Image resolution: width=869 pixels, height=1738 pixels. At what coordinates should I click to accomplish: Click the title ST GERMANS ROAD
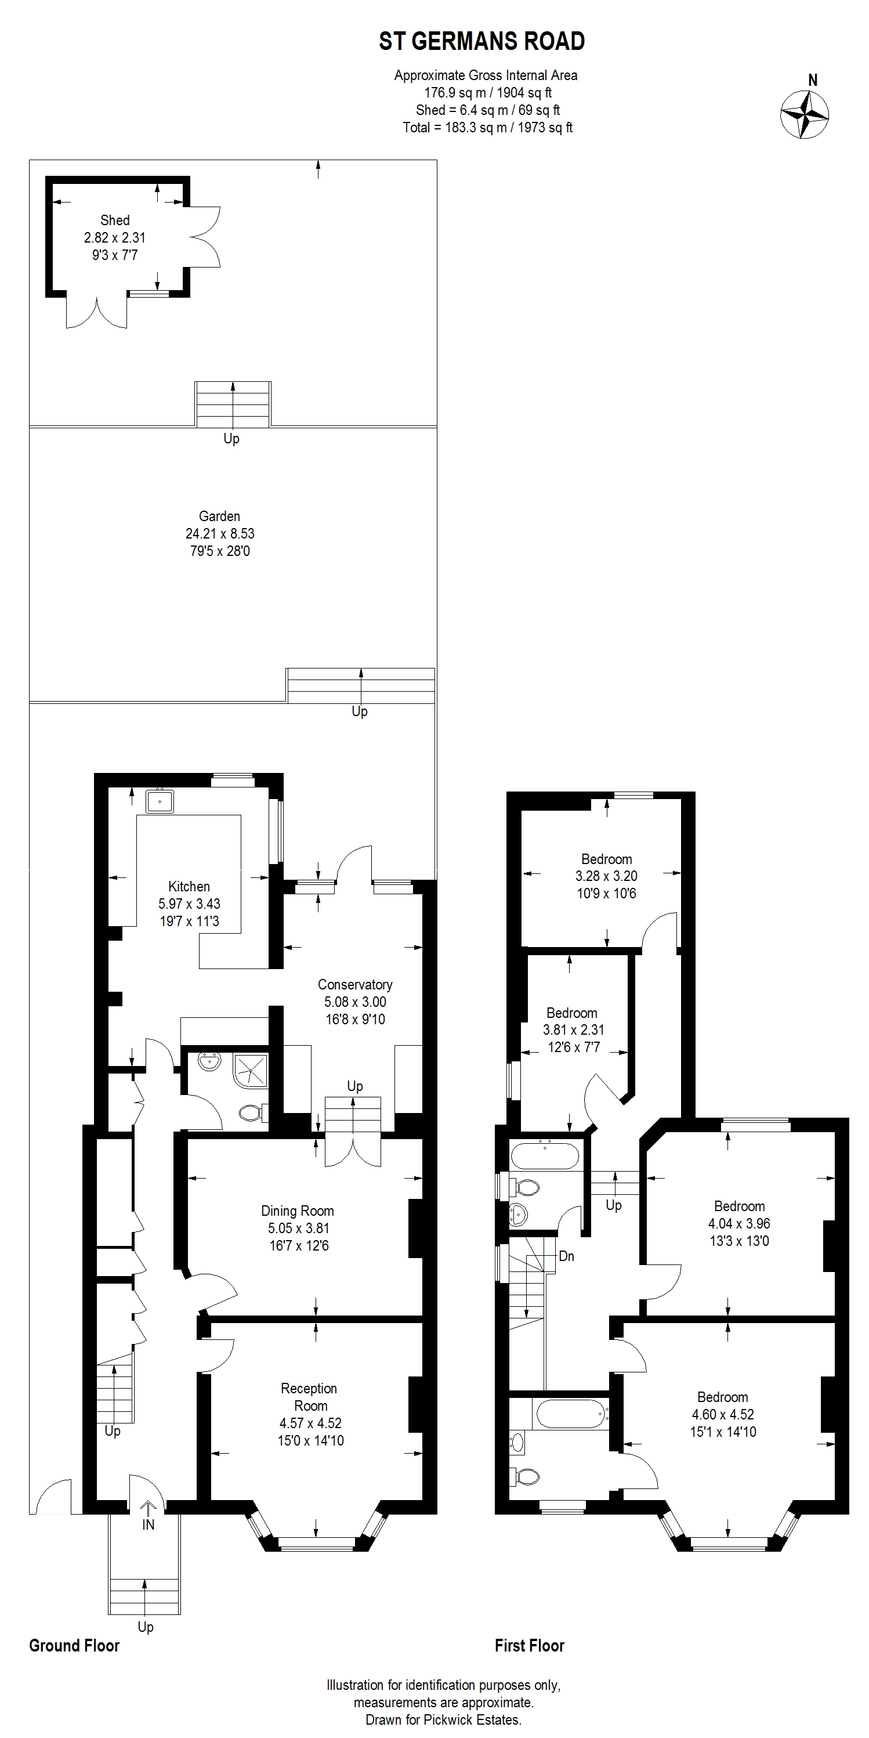pyautogui.click(x=481, y=42)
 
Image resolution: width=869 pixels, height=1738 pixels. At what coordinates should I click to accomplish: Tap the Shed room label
pyautogui.click(x=115, y=220)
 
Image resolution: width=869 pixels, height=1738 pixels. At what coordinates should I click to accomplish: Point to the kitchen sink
pyautogui.click(x=160, y=801)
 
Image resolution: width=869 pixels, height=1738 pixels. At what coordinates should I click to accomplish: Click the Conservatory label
pyautogui.click(x=355, y=984)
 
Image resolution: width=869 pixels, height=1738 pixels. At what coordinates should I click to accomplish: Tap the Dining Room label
pyautogui.click(x=298, y=1211)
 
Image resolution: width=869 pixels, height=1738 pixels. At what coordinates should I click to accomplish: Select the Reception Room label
pyautogui.click(x=310, y=1397)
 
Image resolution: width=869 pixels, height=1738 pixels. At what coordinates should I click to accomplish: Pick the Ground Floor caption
pyautogui.click(x=74, y=1646)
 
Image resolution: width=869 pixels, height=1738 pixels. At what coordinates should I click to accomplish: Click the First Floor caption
pyautogui.click(x=530, y=1646)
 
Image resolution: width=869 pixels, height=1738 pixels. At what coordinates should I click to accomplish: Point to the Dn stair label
pyautogui.click(x=567, y=1256)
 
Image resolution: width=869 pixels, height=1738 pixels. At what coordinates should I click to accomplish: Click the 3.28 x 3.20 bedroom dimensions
pyautogui.click(x=607, y=876)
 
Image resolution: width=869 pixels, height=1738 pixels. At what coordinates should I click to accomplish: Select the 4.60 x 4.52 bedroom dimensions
pyautogui.click(x=723, y=1414)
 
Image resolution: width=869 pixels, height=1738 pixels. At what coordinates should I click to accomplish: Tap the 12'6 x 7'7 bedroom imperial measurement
pyautogui.click(x=574, y=1047)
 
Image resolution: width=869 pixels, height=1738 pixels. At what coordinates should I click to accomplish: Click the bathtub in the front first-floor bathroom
pyautogui.click(x=570, y=1414)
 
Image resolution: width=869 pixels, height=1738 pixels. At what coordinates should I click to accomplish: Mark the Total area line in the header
pyautogui.click(x=488, y=128)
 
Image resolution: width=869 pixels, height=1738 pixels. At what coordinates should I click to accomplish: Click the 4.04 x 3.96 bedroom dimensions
pyautogui.click(x=739, y=1223)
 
